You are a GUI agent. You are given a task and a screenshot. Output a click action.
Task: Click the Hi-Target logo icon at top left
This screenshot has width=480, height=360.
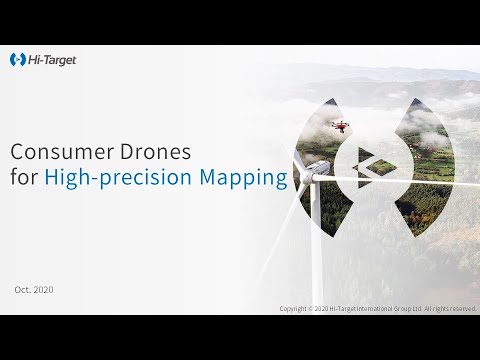17,60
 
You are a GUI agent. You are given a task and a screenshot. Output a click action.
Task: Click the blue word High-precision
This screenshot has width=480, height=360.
111,180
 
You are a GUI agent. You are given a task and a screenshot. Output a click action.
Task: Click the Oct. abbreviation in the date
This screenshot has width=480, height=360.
23,289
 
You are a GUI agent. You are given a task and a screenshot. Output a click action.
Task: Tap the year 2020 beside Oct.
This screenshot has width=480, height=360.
43,289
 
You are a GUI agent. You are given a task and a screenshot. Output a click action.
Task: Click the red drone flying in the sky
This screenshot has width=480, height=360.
339,126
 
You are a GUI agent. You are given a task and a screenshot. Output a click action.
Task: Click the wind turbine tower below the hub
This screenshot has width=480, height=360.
315,250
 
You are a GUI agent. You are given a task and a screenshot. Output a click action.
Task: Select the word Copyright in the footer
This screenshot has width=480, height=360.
295,308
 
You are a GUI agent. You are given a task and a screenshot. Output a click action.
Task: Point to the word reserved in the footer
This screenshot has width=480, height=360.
463,308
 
